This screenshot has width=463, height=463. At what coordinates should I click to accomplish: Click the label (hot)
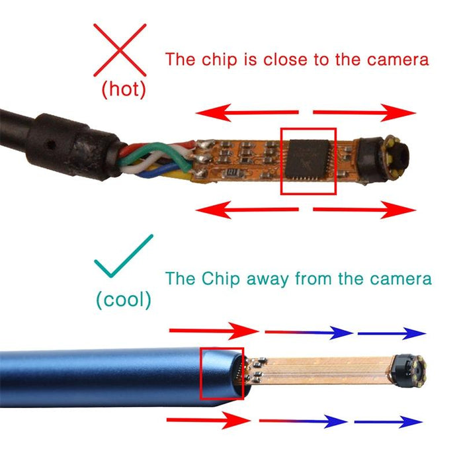pyautogui.click(x=123, y=89)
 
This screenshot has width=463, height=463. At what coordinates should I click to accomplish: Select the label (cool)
pyautogui.click(x=123, y=300)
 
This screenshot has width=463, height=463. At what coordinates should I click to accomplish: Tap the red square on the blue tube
pyautogui.click(x=221, y=374)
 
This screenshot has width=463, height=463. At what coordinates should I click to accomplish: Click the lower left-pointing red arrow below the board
pyautogui.click(x=249, y=210)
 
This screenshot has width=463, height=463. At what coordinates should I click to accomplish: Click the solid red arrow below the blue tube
pyautogui.click(x=206, y=419)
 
